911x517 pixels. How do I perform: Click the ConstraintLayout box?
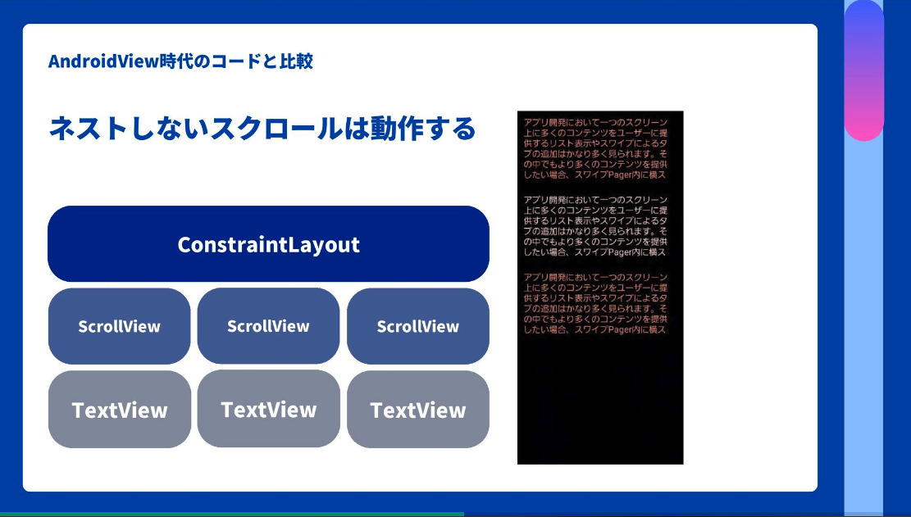pos(268,244)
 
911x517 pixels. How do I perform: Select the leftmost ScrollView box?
pos(119,326)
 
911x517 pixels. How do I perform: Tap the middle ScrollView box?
pos(268,326)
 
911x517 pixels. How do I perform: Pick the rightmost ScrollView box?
pos(417,326)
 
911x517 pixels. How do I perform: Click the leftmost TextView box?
pos(119,410)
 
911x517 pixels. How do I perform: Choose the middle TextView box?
pos(268,409)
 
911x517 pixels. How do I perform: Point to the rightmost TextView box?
pos(417,410)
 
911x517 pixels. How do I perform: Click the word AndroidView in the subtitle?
pos(103,61)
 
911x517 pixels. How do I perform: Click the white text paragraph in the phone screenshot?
pos(594,226)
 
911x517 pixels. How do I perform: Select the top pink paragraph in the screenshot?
pos(594,148)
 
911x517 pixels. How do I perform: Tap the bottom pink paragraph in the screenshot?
pos(594,303)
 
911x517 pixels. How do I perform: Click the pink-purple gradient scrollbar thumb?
pos(863,70)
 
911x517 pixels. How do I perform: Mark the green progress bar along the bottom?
pos(231,514)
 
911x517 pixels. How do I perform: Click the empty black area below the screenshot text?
pos(599,401)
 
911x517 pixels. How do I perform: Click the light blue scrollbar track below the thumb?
pos(863,328)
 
